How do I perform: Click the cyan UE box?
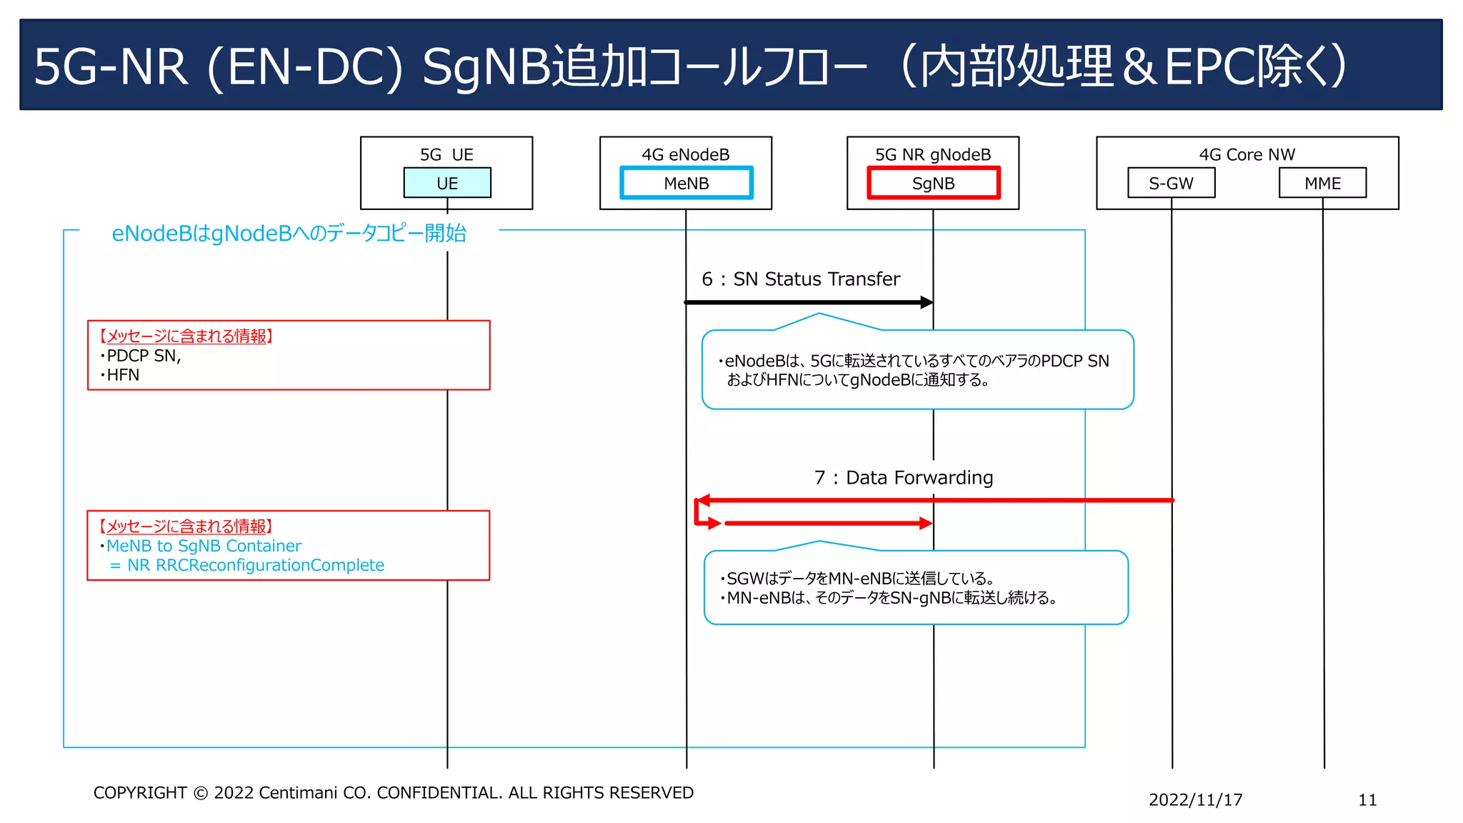tap(447, 183)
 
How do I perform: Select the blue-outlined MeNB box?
tap(686, 183)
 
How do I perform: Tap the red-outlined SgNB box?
tap(933, 183)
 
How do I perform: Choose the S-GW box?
tap(1171, 183)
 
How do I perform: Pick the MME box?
tap(1322, 183)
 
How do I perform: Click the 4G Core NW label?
tap(1247, 154)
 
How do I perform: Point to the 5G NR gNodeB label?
tap(933, 154)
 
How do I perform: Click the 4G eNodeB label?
tap(685, 154)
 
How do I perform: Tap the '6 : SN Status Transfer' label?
tap(801, 279)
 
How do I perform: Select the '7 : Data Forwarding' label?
tap(904, 477)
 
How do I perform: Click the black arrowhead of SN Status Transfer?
tap(927, 302)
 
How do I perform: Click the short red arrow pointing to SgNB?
tap(829, 524)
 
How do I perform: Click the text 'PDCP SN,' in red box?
tap(144, 356)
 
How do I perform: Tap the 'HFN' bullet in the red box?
tap(122, 375)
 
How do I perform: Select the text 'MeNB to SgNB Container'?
tap(204, 546)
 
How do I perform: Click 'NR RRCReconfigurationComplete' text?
tap(255, 565)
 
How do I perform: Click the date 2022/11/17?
tap(1195, 799)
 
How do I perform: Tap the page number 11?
tap(1367, 799)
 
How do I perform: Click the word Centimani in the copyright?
tap(298, 792)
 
